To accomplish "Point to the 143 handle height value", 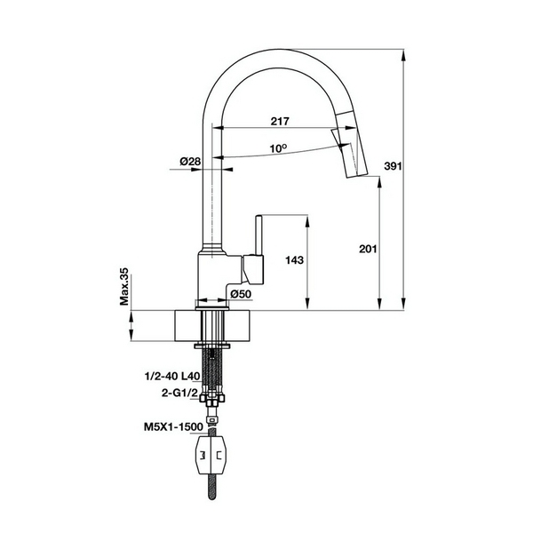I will pos(296,260).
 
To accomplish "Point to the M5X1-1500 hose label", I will pos(172,426).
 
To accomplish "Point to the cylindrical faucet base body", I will pos(219,275).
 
